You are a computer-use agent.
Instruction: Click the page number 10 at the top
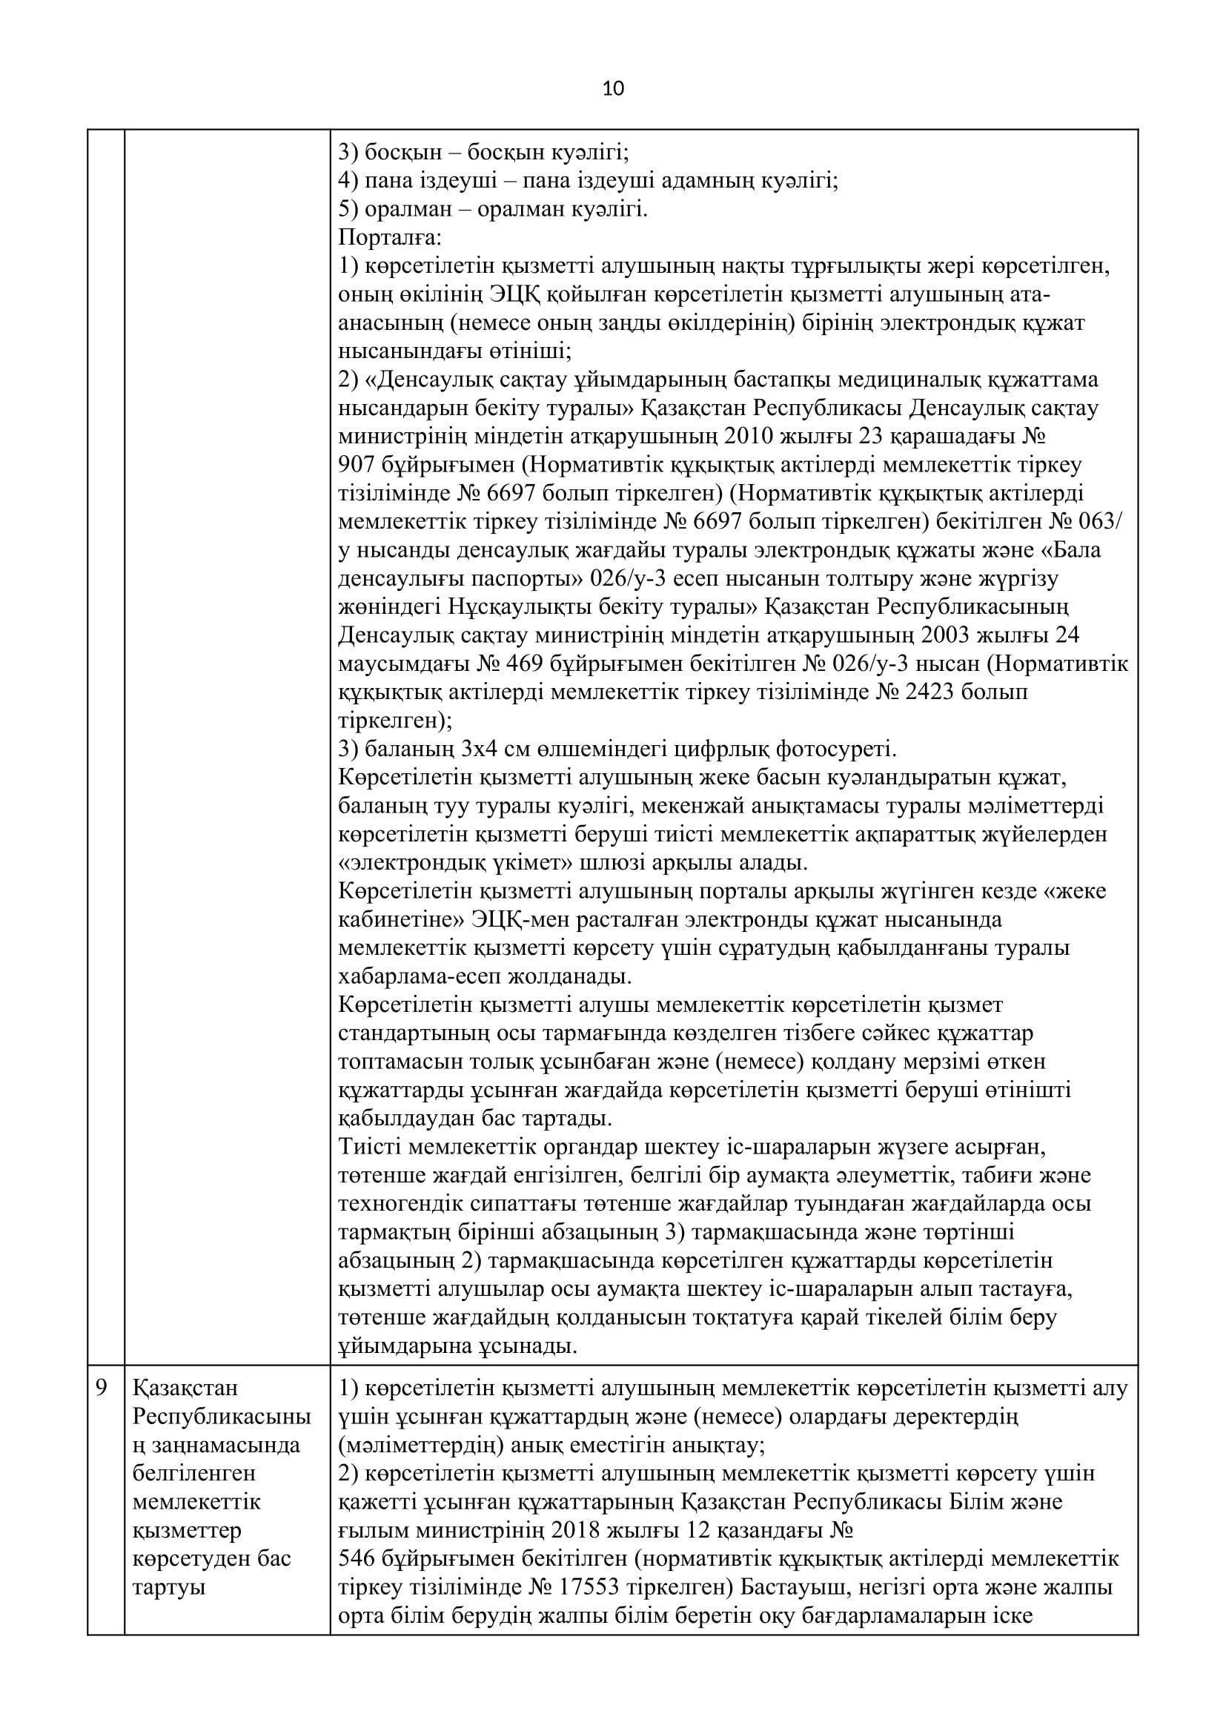613,89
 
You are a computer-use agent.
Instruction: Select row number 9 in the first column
102,1388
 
